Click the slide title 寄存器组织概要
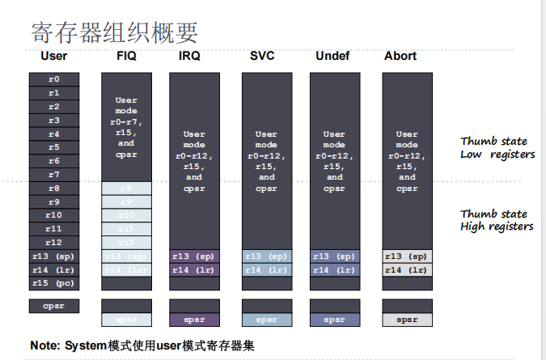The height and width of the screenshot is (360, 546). [114, 32]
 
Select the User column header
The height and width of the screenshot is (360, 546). [53, 56]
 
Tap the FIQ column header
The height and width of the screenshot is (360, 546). [126, 56]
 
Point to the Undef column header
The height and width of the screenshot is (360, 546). [333, 56]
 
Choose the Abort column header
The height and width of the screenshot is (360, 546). [400, 56]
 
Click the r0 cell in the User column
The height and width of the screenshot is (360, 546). [53, 79]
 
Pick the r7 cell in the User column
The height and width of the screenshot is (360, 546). [53, 174]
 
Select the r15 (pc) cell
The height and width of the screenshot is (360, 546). [53, 283]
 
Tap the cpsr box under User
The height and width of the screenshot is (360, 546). [53, 306]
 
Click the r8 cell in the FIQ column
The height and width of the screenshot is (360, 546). [126, 188]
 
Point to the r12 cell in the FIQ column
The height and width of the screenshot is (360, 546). [126, 242]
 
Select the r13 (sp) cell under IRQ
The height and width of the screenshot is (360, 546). [194, 256]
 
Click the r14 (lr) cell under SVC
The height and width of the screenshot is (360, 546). [266, 270]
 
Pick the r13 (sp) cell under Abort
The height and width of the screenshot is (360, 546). [407, 256]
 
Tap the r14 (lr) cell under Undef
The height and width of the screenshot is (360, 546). [334, 270]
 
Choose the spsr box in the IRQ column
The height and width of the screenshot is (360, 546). [194, 320]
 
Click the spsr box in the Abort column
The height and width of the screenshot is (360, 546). [407, 320]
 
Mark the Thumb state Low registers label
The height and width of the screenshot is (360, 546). [497, 147]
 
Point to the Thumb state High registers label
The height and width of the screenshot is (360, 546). [497, 220]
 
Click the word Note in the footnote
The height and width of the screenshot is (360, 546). [46, 345]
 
